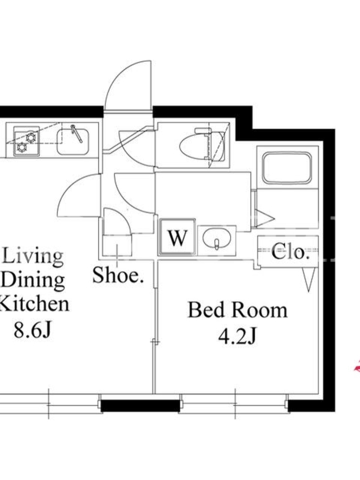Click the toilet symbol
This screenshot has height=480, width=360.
[202, 145]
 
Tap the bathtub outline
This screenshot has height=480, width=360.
[287, 167]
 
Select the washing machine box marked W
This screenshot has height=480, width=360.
[178, 237]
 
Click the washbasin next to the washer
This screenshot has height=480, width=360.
[217, 239]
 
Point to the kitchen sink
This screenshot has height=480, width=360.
[73, 142]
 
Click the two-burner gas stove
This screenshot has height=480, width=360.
[26, 141]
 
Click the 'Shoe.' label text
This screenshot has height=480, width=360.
[118, 275]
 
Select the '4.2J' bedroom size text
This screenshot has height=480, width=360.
[237, 337]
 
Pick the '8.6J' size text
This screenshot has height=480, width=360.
[32, 330]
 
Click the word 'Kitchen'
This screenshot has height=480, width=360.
[34, 304]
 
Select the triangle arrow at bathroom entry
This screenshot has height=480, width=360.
[265, 218]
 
